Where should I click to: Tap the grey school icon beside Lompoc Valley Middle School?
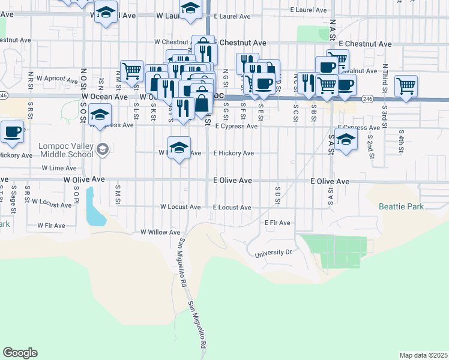[103, 149]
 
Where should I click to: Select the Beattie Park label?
[402, 206]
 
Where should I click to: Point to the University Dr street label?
[273, 253]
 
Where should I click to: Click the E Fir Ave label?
[278, 223]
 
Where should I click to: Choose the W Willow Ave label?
[160, 232]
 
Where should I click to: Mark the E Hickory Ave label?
[234, 153]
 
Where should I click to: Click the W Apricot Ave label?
[55, 79]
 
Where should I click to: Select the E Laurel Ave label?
[309, 10]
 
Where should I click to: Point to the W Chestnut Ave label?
[173, 42]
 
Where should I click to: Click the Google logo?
[20, 352]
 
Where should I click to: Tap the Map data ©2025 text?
[423, 355]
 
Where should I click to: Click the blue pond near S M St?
[94, 208]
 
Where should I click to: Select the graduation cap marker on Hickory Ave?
[179, 148]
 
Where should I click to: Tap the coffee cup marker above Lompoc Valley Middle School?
[11, 131]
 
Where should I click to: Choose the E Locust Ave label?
[232, 208]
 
